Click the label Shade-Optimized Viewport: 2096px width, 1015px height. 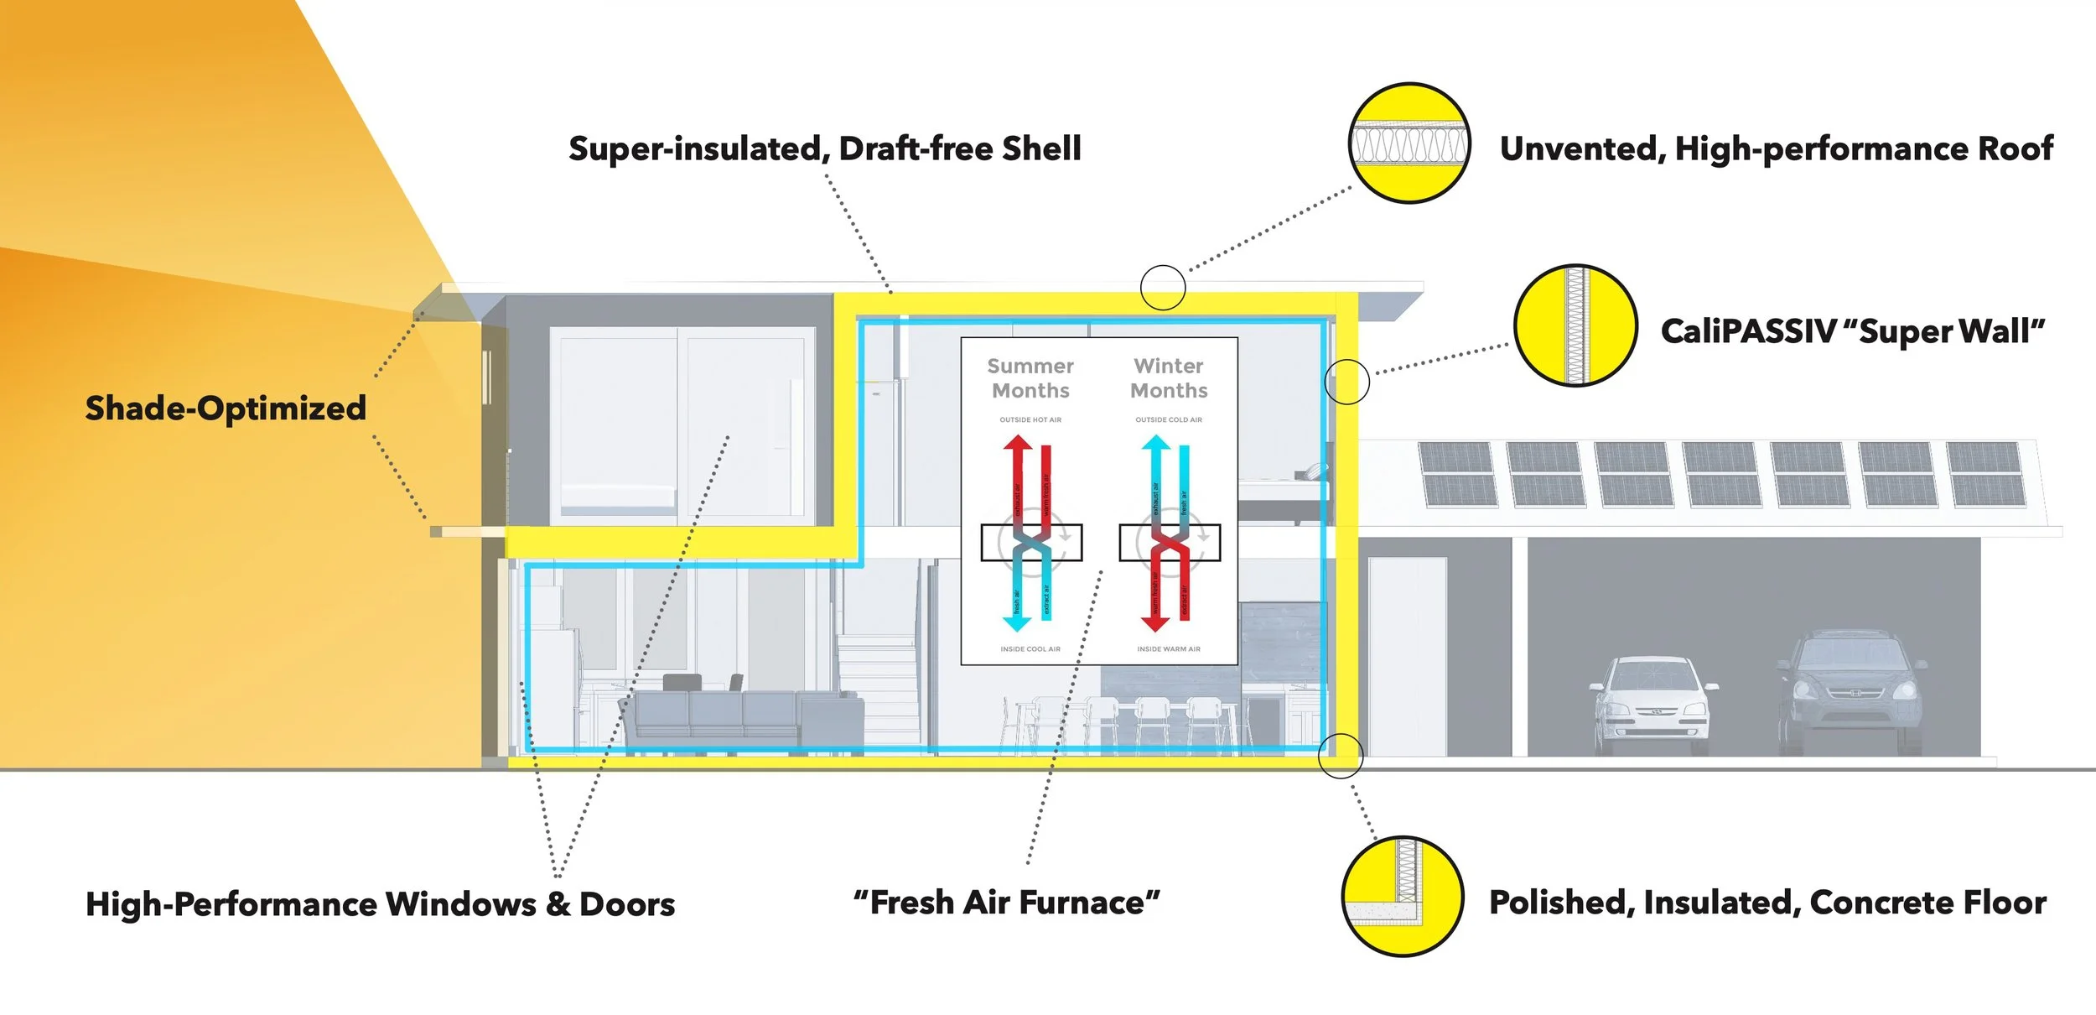click(x=226, y=409)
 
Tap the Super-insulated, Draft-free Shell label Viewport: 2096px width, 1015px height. click(x=825, y=149)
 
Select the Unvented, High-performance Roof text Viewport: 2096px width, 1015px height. click(x=1776, y=149)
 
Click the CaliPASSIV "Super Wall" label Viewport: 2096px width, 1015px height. click(x=1852, y=331)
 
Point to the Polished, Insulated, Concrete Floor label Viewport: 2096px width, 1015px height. click(x=1767, y=903)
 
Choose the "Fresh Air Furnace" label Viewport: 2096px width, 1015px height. click(x=1007, y=903)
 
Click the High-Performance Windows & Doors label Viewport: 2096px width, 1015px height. click(x=380, y=904)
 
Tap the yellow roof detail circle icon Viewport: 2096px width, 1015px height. click(x=1409, y=143)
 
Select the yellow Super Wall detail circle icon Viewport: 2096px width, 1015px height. click(x=1575, y=325)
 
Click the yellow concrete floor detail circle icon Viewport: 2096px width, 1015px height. click(x=1403, y=896)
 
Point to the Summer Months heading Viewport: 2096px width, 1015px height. click(x=1030, y=378)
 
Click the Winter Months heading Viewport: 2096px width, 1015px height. click(x=1169, y=378)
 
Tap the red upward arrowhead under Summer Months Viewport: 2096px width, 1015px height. click(x=1018, y=443)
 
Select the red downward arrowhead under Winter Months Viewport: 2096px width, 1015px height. click(x=1155, y=623)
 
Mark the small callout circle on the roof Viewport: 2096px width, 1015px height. click(x=1163, y=288)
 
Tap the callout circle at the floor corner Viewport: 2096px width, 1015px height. click(x=1341, y=756)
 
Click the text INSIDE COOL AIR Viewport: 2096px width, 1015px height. click(x=1030, y=649)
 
